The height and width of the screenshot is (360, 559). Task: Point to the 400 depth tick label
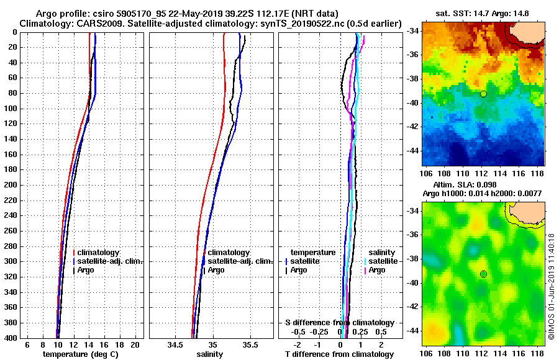click(x=11, y=338)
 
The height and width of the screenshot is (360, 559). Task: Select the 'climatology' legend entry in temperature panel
click(x=98, y=253)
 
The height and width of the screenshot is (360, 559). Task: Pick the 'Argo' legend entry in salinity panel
click(x=217, y=270)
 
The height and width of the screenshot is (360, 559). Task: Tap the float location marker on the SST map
click(x=483, y=94)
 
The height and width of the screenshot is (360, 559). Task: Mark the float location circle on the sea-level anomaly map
click(x=483, y=274)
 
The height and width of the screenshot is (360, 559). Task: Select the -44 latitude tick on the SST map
click(x=411, y=151)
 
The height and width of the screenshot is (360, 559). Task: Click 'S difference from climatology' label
click(x=340, y=323)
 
